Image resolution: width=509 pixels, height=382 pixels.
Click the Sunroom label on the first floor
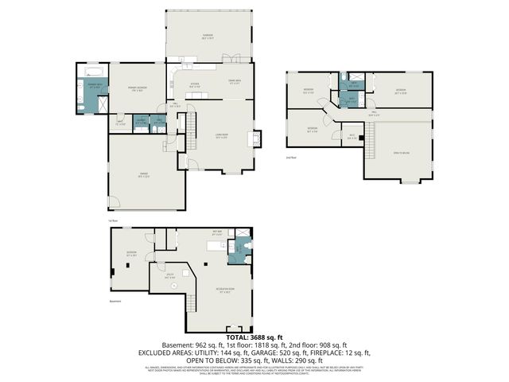208,37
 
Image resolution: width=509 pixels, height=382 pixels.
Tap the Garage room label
144,177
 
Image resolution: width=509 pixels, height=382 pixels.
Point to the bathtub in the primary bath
87,76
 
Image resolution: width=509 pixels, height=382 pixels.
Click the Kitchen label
193,85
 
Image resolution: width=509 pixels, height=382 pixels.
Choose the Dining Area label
235,81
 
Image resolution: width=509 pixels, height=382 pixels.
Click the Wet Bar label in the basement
216,233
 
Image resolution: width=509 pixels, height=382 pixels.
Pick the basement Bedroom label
132,255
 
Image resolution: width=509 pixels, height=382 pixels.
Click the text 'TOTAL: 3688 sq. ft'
254,337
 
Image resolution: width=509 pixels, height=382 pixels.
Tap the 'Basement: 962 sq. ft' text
190,345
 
